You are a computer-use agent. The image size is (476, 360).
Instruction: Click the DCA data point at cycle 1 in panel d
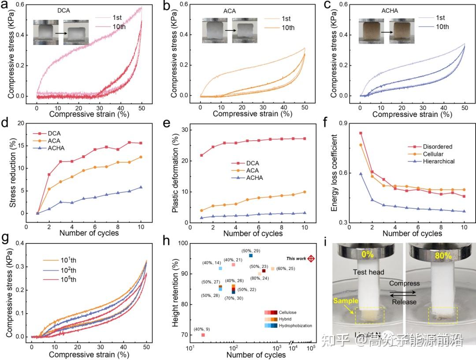click(x=37, y=213)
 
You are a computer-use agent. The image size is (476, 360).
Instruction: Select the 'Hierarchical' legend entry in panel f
click(x=433, y=161)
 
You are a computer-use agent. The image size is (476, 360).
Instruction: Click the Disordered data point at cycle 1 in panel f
click(x=361, y=133)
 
